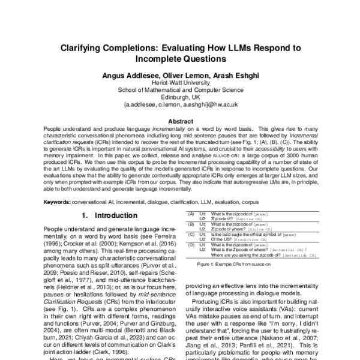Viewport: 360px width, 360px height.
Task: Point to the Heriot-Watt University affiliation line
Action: coord(179,85)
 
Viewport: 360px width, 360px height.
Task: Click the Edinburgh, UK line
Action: coord(179,98)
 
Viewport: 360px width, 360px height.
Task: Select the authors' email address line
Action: coord(179,105)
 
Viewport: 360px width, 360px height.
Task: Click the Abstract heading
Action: coord(179,120)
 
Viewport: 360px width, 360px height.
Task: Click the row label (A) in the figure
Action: coord(191,214)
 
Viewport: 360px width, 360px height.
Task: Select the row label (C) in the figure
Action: coord(191,233)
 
